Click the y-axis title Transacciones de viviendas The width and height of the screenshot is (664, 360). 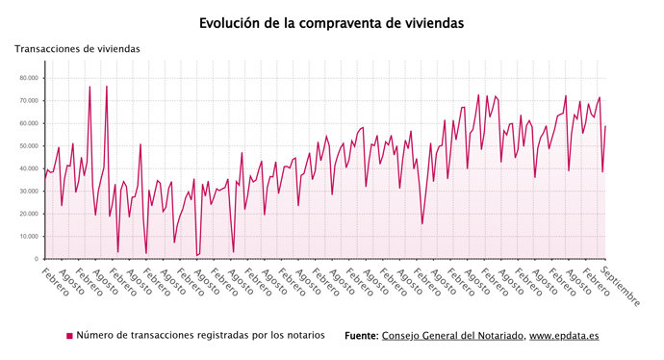click(x=77, y=48)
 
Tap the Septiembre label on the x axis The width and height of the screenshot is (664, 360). click(x=621, y=285)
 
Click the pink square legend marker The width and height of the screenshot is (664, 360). click(x=69, y=336)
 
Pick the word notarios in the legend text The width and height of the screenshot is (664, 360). click(x=303, y=335)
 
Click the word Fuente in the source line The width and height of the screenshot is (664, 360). click(x=361, y=335)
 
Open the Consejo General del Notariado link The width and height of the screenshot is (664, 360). click(x=452, y=335)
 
